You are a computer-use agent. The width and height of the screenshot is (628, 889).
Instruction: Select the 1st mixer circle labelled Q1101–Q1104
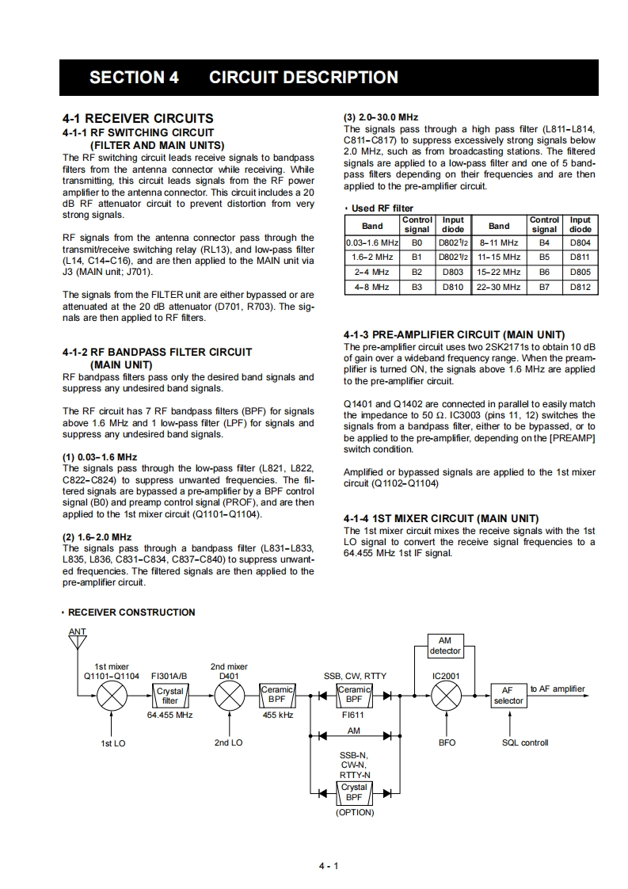point(111,696)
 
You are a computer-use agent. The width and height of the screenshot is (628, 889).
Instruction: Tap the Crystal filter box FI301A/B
point(170,696)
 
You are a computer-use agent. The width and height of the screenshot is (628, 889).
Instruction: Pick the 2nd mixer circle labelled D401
point(229,696)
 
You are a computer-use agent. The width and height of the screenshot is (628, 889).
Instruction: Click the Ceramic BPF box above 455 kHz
point(277,695)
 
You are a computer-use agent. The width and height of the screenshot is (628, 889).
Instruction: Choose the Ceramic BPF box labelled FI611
point(354,695)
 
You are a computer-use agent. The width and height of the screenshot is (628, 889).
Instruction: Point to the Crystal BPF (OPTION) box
point(354,792)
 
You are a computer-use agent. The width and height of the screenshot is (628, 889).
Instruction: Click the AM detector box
point(445,646)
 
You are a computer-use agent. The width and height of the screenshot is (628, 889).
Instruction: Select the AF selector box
point(508,696)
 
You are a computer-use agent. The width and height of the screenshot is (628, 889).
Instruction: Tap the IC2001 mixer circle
point(447,696)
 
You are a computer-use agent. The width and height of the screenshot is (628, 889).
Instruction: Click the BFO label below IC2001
point(447,743)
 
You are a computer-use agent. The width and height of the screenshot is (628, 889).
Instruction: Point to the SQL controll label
point(525,743)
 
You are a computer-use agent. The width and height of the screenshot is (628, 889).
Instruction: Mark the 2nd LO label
point(229,743)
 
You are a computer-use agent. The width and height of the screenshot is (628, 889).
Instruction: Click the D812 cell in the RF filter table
point(580,288)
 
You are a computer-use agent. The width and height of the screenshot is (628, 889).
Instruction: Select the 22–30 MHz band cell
point(499,288)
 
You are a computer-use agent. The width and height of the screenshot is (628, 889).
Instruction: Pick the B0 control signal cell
point(417,242)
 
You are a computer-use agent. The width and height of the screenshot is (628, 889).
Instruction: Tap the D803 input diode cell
point(453,273)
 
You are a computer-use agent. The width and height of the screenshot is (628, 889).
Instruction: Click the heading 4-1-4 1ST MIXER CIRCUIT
point(441,518)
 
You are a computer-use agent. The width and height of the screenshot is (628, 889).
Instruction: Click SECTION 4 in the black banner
point(134,78)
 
